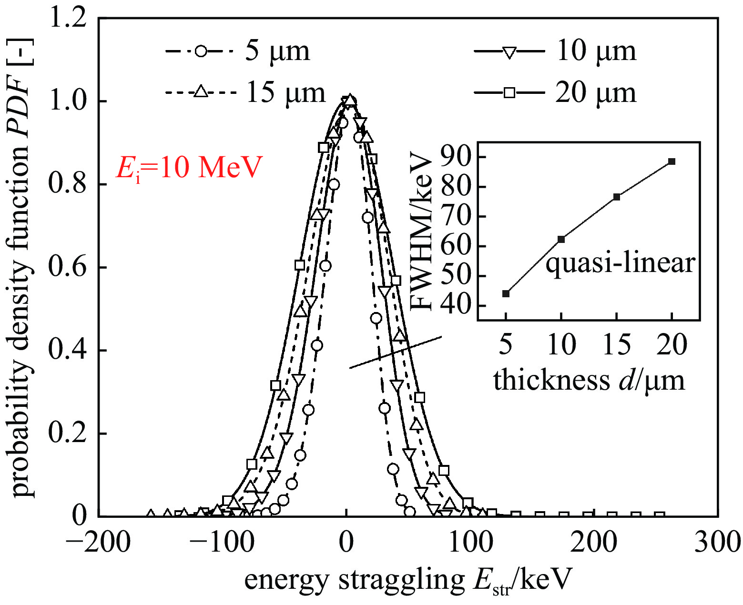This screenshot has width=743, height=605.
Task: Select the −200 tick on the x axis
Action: tap(98, 543)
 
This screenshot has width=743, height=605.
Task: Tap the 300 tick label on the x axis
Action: tap(717, 543)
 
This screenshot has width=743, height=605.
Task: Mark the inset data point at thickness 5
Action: tap(506, 293)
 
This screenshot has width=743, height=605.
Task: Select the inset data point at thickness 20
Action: tap(672, 161)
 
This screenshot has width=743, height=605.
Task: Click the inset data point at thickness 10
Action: tap(561, 239)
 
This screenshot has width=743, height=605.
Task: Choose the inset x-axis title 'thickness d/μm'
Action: tap(589, 381)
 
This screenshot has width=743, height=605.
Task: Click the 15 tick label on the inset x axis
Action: tap(617, 344)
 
